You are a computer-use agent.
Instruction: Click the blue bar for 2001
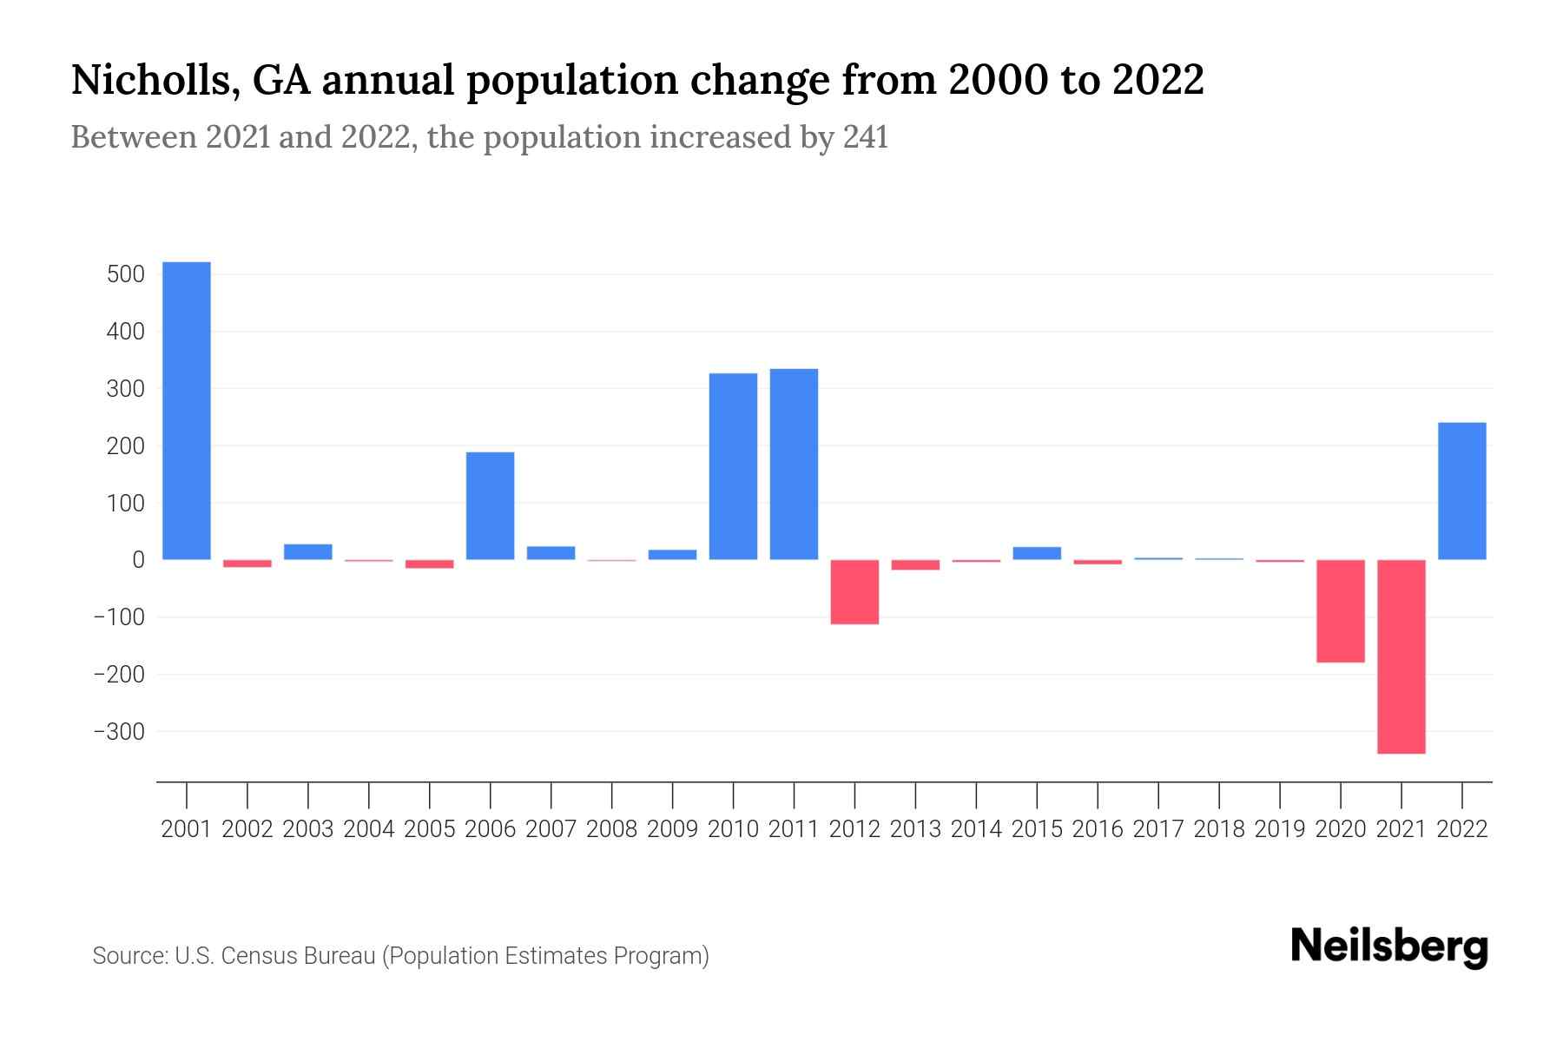(x=187, y=411)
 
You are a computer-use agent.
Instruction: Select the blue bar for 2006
(x=490, y=505)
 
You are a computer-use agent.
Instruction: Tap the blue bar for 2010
(x=733, y=466)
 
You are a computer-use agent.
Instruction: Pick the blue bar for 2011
(x=794, y=464)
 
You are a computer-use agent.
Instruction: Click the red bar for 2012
(x=854, y=592)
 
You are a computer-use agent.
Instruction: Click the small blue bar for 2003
(x=308, y=551)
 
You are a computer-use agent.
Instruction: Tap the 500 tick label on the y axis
(x=125, y=275)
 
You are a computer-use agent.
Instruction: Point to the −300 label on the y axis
(x=119, y=732)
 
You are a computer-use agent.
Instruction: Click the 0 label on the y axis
(x=138, y=561)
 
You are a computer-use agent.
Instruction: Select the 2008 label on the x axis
(x=611, y=829)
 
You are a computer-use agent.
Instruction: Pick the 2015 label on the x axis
(x=1037, y=829)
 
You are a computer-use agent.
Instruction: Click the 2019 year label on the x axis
(x=1280, y=829)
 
